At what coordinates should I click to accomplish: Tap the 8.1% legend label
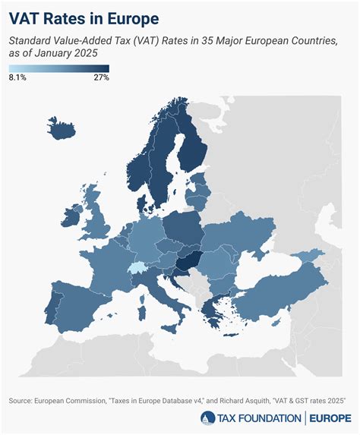click(18, 77)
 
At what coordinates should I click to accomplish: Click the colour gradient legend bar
click(59, 68)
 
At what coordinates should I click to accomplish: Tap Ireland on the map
click(78, 222)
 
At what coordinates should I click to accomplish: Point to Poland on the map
click(182, 228)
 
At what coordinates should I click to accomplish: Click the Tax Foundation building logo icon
click(207, 418)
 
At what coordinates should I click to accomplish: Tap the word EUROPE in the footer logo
click(330, 418)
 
